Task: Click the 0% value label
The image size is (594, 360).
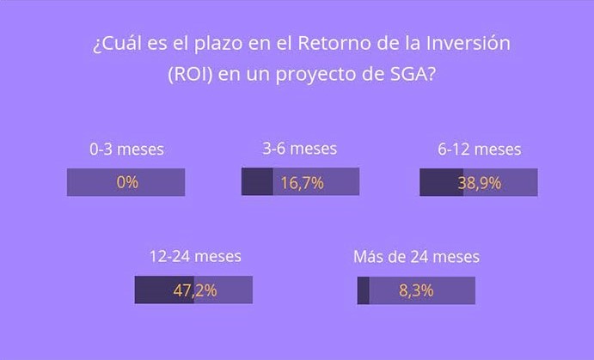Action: click(x=127, y=182)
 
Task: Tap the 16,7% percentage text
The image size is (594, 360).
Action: click(x=302, y=183)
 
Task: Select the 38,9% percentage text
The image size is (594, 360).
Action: click(x=479, y=183)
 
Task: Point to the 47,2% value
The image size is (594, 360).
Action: click(x=195, y=290)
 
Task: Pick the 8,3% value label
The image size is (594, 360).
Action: click(x=416, y=290)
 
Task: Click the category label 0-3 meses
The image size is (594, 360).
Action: click(x=126, y=149)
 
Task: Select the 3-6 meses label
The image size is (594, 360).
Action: click(x=300, y=149)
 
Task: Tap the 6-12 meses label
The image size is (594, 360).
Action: click(x=479, y=149)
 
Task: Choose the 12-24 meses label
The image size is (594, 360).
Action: click(x=195, y=257)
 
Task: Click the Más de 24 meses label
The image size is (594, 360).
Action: click(x=416, y=257)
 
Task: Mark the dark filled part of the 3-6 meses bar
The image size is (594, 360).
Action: click(x=257, y=181)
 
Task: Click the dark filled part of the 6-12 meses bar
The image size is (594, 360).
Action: click(x=441, y=182)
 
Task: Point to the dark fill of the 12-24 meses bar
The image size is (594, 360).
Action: click(x=164, y=290)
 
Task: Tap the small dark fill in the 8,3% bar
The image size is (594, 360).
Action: click(x=364, y=290)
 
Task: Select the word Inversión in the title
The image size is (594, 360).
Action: click(x=468, y=43)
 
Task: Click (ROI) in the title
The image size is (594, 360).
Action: click(x=190, y=74)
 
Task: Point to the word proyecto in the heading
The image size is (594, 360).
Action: click(x=316, y=75)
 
